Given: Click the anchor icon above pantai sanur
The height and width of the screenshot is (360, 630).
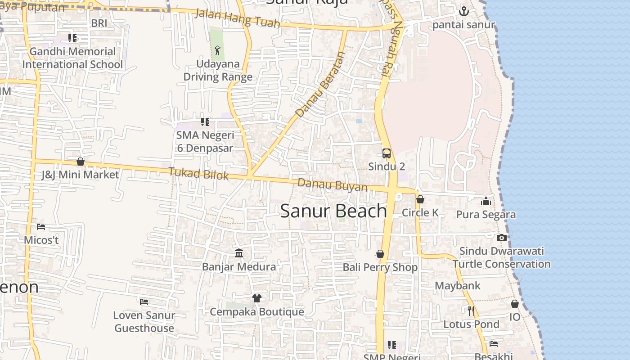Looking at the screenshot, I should (x=463, y=11).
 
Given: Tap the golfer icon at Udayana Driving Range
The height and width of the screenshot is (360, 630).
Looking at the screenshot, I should (x=218, y=50).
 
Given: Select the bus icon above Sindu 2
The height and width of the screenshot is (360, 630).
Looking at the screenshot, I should (x=386, y=153).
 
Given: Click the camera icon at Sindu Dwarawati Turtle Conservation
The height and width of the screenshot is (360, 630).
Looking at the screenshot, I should (x=502, y=238).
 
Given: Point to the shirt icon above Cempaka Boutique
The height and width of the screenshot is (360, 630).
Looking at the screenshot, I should (x=256, y=298).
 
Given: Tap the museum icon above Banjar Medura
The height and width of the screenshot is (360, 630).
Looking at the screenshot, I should (x=239, y=253).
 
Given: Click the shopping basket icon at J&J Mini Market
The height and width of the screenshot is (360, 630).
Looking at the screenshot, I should (x=81, y=162).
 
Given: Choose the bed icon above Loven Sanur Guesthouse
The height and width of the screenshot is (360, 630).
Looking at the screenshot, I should (x=144, y=301).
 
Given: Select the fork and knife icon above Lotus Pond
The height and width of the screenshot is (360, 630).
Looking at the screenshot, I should (x=471, y=310).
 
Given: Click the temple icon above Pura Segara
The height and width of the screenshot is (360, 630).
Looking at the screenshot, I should (x=486, y=201).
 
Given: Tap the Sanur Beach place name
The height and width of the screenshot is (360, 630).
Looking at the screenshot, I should (x=333, y=211).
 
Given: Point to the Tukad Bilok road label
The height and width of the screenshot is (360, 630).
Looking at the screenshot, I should (x=198, y=173).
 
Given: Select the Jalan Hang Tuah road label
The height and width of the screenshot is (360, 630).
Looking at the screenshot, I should (x=238, y=18).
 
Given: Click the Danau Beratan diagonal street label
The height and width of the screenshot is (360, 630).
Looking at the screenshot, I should (x=320, y=85).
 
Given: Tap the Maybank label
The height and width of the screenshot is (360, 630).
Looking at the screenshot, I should (x=457, y=286).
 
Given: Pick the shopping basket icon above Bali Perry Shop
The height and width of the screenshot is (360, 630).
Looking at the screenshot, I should (x=380, y=254).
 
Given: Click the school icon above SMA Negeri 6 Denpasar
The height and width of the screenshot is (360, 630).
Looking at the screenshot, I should (x=205, y=122).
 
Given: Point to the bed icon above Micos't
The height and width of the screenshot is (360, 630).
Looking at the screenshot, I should (x=41, y=226).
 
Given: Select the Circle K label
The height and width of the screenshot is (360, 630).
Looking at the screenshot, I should (x=420, y=212).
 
